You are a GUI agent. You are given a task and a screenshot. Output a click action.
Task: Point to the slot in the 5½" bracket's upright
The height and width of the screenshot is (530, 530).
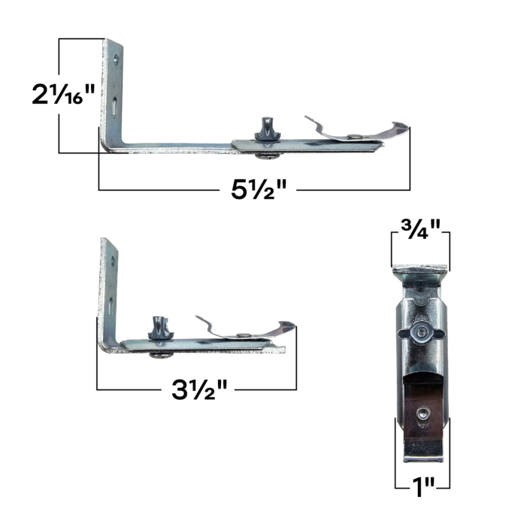(x=111, y=106)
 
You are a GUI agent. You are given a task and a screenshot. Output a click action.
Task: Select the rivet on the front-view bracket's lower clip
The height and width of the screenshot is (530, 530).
(x=422, y=410)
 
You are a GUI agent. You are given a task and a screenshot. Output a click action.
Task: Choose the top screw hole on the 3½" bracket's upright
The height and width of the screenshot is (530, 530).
(x=112, y=261)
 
